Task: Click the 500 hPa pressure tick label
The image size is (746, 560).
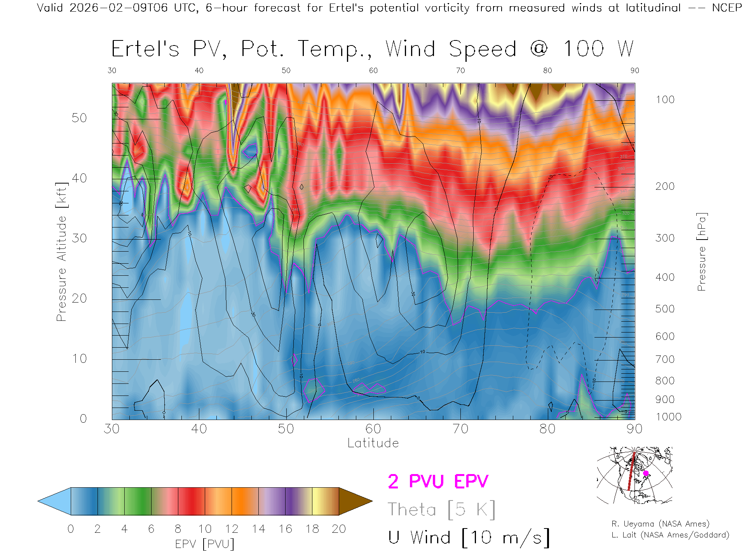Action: pos(665,309)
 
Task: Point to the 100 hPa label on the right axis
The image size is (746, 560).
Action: pos(665,100)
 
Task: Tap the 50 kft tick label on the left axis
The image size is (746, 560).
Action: pos(79,118)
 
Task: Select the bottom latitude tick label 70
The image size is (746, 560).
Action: pos(460,429)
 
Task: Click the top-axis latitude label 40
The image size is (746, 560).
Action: pos(199,70)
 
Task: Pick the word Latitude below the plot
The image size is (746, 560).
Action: pos(373,443)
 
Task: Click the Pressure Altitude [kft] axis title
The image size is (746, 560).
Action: pos(61,252)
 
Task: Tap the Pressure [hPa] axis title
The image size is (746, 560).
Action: pos(701,252)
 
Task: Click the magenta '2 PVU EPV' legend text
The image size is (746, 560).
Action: pos(438,481)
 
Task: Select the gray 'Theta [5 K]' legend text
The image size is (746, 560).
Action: pos(441,509)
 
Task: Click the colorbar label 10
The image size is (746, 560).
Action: pos(205,529)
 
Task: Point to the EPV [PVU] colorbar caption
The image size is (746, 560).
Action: pos(205,544)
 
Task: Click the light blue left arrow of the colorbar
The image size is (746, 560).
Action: pos(54,501)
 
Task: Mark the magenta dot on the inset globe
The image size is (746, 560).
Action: pos(646,473)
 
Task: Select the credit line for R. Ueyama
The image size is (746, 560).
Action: pos(660,524)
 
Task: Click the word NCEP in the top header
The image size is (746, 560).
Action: pos(727,8)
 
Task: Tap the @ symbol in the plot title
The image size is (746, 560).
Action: pos(539,49)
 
